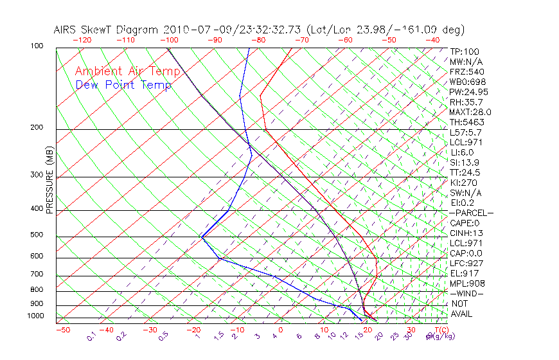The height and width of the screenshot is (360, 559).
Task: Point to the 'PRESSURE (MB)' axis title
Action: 49,180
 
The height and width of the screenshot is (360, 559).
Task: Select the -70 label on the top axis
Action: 301,40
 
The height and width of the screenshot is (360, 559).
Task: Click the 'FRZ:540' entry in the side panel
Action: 467,71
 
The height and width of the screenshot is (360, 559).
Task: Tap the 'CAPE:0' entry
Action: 465,223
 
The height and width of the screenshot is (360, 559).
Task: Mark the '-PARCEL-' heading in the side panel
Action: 471,213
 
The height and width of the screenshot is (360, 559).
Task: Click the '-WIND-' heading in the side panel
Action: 466,294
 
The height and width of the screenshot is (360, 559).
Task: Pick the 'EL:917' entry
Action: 463,273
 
